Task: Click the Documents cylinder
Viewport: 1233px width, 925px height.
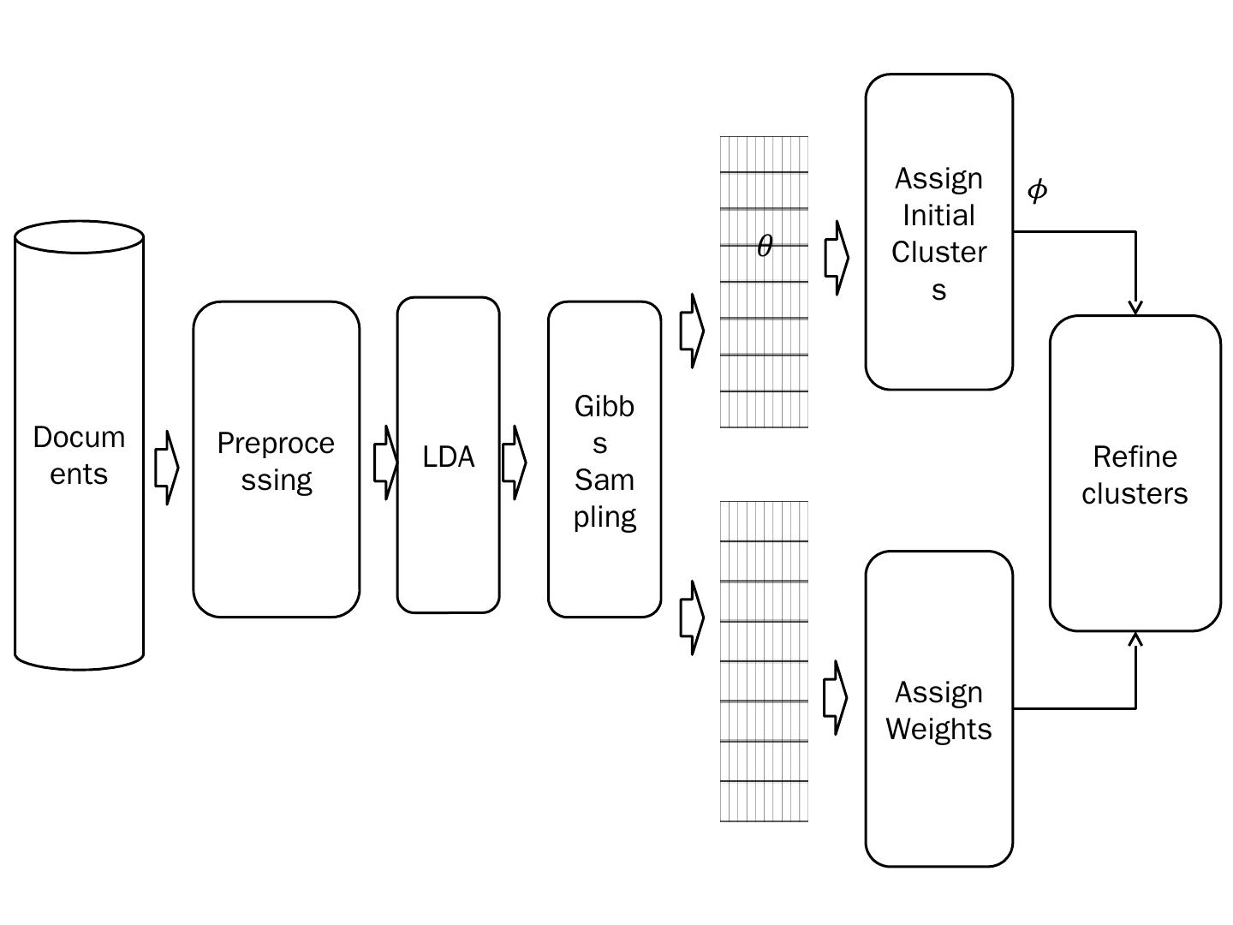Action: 79,454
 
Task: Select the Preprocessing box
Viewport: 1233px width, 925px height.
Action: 276,459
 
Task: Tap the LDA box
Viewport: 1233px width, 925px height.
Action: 448,456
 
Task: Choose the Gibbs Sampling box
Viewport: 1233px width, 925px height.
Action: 605,460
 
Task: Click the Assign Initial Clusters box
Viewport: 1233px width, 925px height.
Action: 938,232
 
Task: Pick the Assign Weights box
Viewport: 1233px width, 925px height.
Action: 938,709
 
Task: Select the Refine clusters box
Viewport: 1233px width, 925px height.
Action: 1135,474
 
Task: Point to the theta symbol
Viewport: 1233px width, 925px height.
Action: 765,247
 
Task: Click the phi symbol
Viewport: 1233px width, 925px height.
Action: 1037,190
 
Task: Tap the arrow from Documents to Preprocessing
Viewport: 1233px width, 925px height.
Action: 167,468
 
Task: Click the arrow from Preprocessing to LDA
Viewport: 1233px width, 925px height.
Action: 386,462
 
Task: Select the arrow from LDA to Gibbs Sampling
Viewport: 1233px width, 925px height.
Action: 514,462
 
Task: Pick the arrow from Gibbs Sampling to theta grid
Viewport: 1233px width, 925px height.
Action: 692,331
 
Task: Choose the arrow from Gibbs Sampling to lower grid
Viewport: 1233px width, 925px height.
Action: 692,618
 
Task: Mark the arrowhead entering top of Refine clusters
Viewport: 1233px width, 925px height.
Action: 1135,307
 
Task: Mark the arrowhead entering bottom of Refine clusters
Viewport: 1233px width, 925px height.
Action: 1135,639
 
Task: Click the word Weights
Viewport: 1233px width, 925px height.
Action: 938,729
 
